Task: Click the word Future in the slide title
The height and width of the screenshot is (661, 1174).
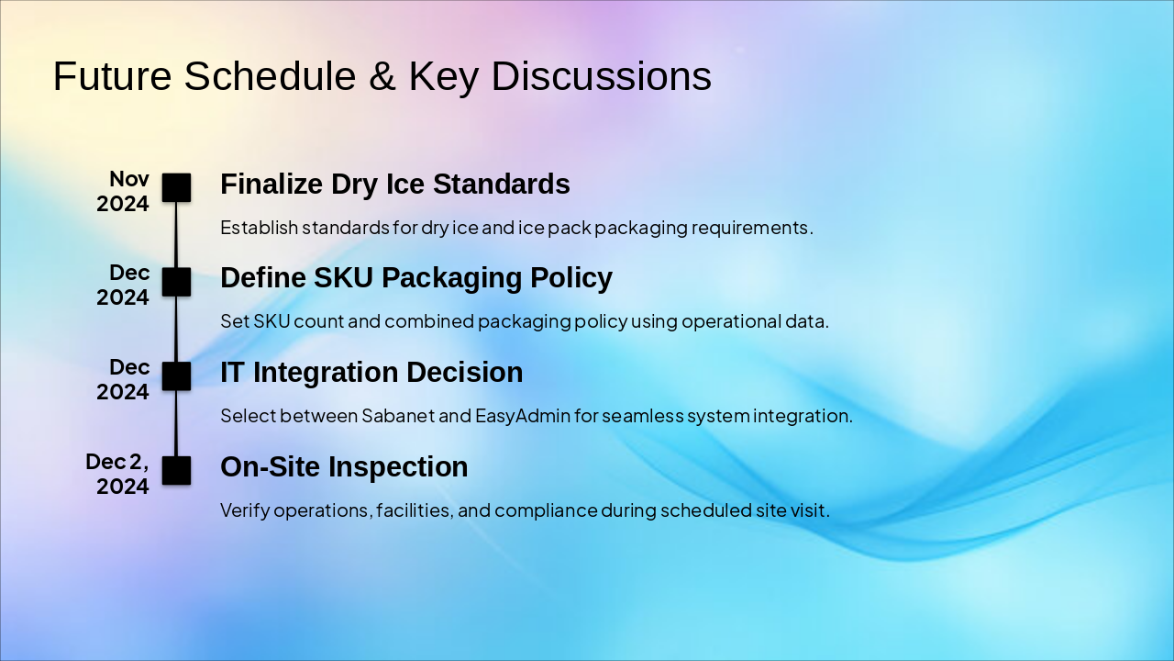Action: (x=112, y=76)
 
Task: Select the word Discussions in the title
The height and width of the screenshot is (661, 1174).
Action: (x=601, y=76)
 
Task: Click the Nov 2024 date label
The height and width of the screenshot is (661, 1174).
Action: (x=123, y=191)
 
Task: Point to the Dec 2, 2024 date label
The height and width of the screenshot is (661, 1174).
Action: (x=117, y=474)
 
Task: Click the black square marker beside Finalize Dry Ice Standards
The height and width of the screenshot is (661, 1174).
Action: (x=176, y=188)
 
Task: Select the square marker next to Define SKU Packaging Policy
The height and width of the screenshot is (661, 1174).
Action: (x=176, y=282)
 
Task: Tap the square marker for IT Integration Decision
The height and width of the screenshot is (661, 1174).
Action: (x=176, y=376)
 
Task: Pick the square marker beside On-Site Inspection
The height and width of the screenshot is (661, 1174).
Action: (x=176, y=471)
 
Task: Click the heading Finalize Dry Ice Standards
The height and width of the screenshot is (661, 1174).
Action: (x=395, y=185)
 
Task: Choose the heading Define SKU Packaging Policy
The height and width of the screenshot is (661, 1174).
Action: (x=416, y=278)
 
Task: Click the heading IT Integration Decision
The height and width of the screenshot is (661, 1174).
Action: (x=371, y=373)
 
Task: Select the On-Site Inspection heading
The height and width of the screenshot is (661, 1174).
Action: (x=344, y=467)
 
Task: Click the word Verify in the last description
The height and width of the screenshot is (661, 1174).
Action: (x=245, y=510)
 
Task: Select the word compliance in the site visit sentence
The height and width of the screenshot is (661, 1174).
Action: (x=546, y=510)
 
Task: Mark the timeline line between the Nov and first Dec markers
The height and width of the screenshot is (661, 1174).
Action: (x=176, y=235)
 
